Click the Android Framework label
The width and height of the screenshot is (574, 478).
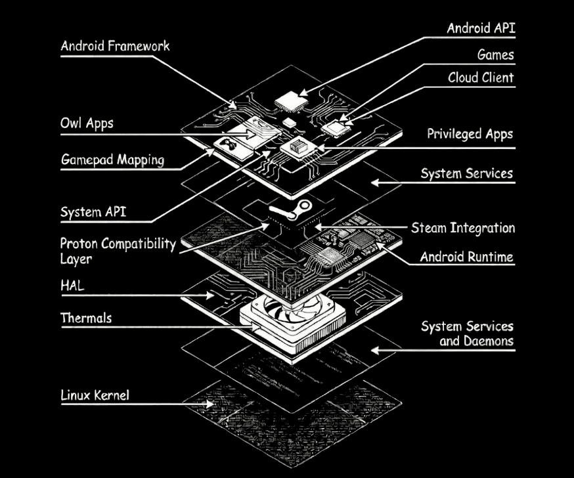[x=115, y=46]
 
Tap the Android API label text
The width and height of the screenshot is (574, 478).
[x=481, y=28]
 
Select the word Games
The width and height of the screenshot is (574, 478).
[x=495, y=55]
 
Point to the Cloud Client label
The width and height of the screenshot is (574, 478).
[x=481, y=77]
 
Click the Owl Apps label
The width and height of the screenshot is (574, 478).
[x=87, y=123]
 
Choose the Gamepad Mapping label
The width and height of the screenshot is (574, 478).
[x=112, y=160]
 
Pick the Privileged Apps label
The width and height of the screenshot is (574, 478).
[x=470, y=134]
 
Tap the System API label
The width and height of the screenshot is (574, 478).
[x=93, y=212]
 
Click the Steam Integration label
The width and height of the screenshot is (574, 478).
[x=463, y=228]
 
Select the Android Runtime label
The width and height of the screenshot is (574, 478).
[x=466, y=257]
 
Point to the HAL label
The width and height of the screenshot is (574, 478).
[x=72, y=286]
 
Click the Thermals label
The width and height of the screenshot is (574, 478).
[x=86, y=318]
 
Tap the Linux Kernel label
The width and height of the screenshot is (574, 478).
[x=95, y=395]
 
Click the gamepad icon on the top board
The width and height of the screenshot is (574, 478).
[x=229, y=145]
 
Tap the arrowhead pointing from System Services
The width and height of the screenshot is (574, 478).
[x=375, y=183]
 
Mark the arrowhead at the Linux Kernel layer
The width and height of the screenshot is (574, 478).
[x=210, y=404]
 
